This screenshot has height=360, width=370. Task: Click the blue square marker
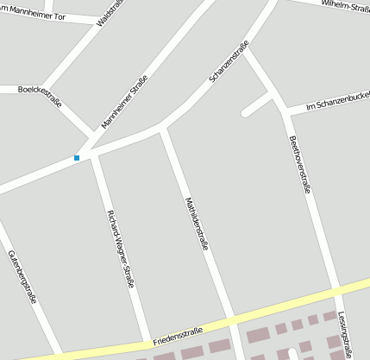[77, 157]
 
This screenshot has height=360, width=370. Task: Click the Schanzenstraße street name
[229, 62]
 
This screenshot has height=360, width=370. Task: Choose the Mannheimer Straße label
[125, 102]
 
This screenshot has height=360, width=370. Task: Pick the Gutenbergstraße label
[22, 277]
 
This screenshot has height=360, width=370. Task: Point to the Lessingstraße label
[345, 333]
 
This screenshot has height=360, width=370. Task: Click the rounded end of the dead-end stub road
[246, 112]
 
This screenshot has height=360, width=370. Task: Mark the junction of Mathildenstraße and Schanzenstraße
[164, 129]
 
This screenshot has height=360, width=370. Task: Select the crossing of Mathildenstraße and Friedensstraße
[233, 320]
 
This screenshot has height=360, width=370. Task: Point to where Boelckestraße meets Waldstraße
[61, 90]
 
